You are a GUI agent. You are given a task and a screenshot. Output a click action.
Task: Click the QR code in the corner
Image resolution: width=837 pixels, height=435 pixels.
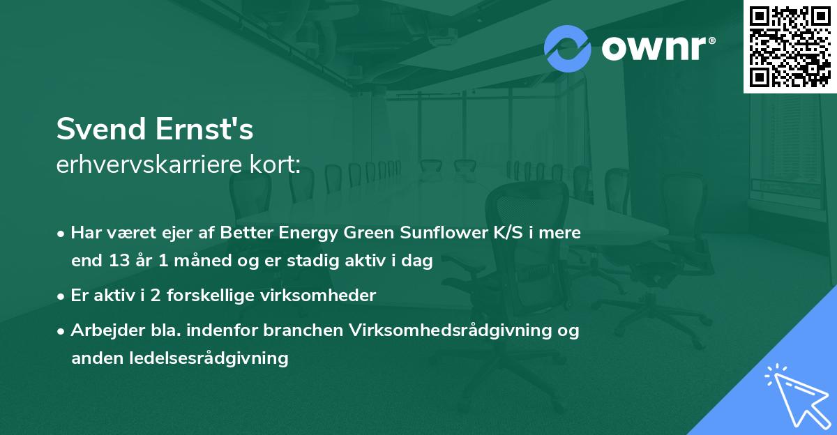(790, 46)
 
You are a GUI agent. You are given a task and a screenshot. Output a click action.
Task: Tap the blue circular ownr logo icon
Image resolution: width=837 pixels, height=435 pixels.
(568, 48)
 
